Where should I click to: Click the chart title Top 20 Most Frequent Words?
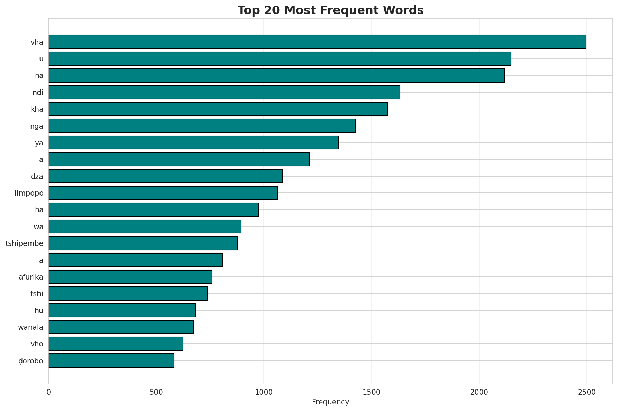pos(330,10)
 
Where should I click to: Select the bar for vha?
pos(317,42)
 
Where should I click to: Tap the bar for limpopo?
pos(163,193)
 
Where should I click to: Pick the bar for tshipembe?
pos(143,243)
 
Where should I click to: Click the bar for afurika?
pos(130,277)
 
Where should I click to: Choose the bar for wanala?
pos(121,327)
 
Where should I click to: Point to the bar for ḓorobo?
pos(111,361)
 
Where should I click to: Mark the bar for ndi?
pos(224,92)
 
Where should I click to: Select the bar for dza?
pos(165,176)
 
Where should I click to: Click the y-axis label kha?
pos(37,109)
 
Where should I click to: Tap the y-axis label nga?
pos(37,126)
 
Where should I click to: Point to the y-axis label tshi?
pos(37,294)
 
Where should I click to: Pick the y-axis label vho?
pos(37,344)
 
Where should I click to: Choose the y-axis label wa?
pos(38,227)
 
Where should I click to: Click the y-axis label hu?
pos(39,310)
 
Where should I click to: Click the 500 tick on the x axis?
pos(156,392)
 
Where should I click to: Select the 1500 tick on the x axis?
pos(371,392)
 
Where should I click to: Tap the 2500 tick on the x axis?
pos(586,392)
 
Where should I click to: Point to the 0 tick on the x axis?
pos(48,392)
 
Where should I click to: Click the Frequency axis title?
pos(330,402)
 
